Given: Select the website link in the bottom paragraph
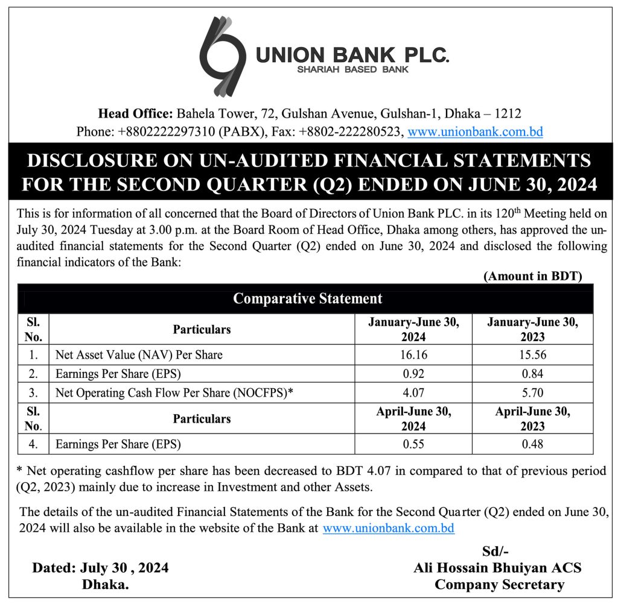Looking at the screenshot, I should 388,529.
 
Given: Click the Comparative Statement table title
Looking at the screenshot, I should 307,298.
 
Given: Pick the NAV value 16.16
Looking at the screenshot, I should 413,355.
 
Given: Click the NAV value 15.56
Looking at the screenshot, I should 532,355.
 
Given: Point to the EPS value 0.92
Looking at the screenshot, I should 413,374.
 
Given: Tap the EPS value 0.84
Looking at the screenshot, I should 532,374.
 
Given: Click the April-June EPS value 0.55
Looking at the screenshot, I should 413,445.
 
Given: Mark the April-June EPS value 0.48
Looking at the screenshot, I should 532,445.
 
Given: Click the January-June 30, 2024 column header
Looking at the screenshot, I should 413,329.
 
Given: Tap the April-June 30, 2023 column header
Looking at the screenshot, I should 532,419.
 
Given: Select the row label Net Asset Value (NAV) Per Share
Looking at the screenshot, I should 139,355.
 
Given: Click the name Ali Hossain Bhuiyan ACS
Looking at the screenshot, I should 497,568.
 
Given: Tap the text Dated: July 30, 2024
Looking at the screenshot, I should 100,568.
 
